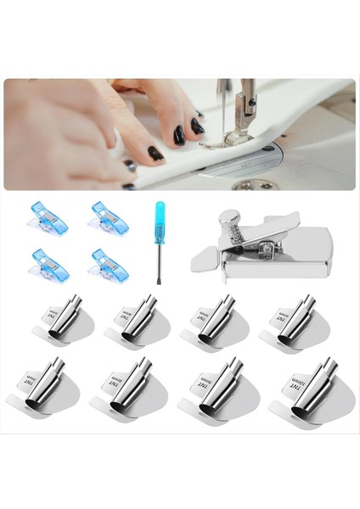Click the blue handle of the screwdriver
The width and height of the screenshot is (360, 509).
pos(159,217)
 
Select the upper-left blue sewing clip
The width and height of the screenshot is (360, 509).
pos(48,218)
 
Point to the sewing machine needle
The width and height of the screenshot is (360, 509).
pos(222,110)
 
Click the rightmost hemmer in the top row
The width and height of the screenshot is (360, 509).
pos(290,323)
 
